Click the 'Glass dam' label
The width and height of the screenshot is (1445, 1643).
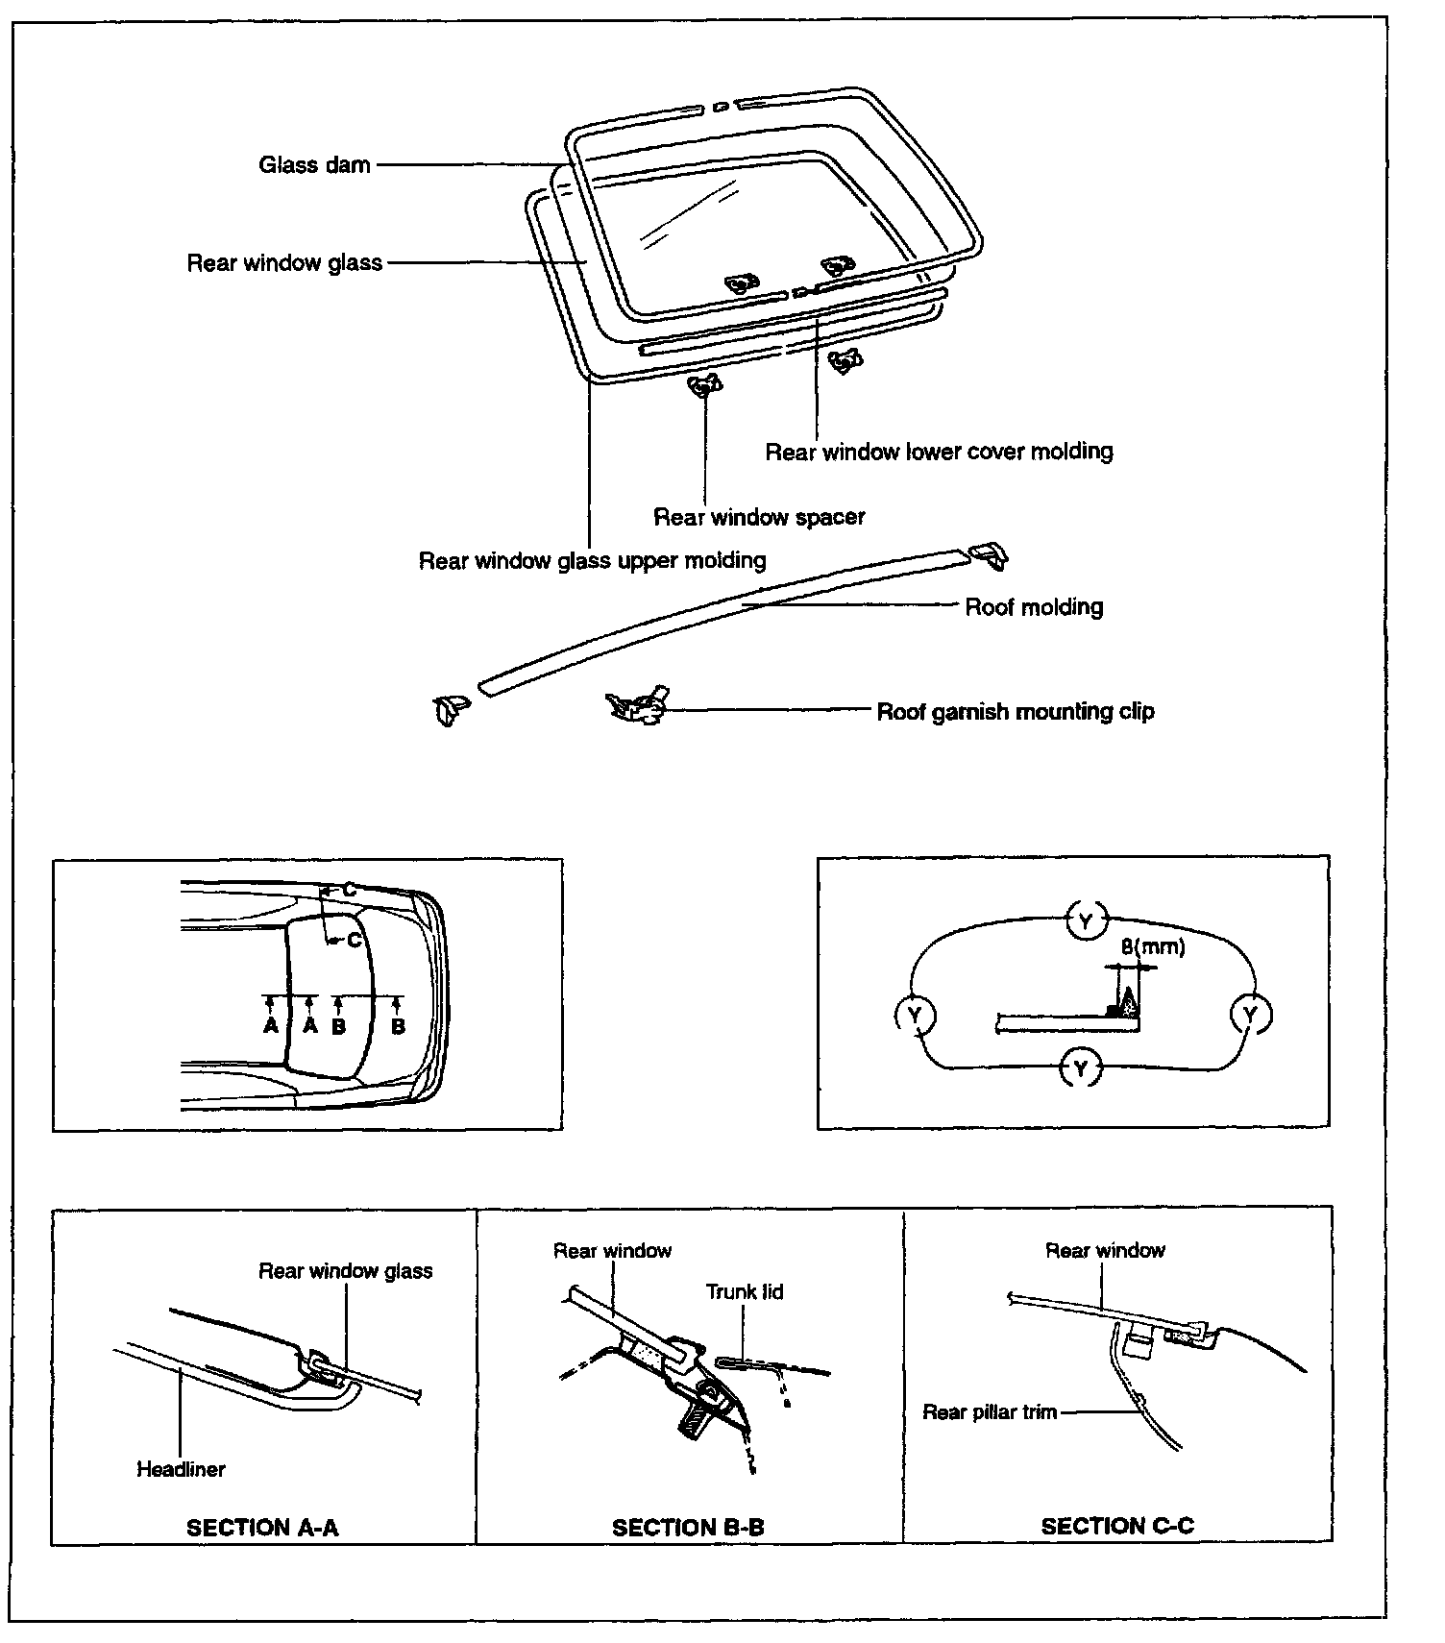pyautogui.click(x=314, y=165)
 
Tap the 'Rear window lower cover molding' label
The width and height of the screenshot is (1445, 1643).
pyautogui.click(x=939, y=452)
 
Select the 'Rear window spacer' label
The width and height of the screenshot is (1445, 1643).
pyautogui.click(x=759, y=517)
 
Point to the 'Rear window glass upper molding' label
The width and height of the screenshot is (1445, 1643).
pyautogui.click(x=592, y=560)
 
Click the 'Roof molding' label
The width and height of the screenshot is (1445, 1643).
pyautogui.click(x=1034, y=607)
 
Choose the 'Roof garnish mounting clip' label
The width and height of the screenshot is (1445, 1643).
pyautogui.click(x=1016, y=712)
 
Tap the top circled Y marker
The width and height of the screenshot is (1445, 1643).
pyautogui.click(x=1086, y=922)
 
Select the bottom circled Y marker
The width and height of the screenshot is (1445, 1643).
pyautogui.click(x=1082, y=1068)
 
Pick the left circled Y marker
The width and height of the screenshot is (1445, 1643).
pyautogui.click(x=915, y=1015)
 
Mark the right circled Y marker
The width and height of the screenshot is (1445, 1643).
pyautogui.click(x=1250, y=1014)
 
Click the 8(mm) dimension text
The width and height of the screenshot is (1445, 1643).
pyautogui.click(x=1153, y=947)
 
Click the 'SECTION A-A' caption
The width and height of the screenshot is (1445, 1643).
pyautogui.click(x=262, y=1528)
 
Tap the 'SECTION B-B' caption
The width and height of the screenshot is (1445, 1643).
pyautogui.click(x=688, y=1528)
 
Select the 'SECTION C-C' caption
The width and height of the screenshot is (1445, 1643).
pyautogui.click(x=1117, y=1526)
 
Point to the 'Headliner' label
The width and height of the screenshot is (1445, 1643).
pyautogui.click(x=181, y=1469)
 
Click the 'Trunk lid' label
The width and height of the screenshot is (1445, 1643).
pyautogui.click(x=745, y=1292)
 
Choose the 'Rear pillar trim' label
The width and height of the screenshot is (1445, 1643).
pyautogui.click(x=990, y=1412)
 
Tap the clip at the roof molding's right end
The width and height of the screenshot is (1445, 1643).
pyautogui.click(x=990, y=555)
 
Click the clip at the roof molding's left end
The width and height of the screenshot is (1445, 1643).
pyautogui.click(x=449, y=710)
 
